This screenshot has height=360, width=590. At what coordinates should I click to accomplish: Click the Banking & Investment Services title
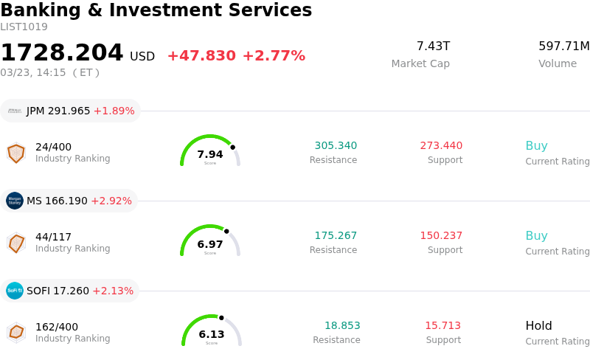pos(156,10)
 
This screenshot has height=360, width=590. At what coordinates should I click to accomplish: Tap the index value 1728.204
pos(62,53)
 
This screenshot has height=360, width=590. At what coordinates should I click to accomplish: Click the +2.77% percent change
pos(274,56)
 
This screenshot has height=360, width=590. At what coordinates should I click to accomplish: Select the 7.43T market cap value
pos(433,46)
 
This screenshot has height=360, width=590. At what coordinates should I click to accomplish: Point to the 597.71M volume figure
pos(563,46)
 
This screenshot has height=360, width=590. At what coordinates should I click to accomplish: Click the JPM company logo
pos(15,111)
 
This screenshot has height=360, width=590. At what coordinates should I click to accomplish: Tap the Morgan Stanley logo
pos(15,201)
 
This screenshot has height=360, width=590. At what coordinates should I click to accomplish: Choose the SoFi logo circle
pos(15,291)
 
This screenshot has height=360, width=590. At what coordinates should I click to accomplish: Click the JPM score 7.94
pos(210,154)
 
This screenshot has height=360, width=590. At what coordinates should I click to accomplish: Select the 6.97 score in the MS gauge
pos(210,244)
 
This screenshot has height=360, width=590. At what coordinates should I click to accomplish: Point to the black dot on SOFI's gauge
pos(221,318)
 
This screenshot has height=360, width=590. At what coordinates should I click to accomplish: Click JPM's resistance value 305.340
pos(336,145)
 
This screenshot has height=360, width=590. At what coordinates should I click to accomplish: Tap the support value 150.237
pos(441,235)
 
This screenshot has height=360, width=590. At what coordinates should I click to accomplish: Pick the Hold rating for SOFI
pos(538,325)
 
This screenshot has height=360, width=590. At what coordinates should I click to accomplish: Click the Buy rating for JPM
pos(536,145)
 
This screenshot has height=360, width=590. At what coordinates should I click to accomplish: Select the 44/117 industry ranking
pos(53,237)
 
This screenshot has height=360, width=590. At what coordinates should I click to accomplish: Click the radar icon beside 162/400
pos(16,332)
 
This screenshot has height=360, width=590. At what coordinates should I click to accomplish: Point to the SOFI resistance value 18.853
pos(342,325)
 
